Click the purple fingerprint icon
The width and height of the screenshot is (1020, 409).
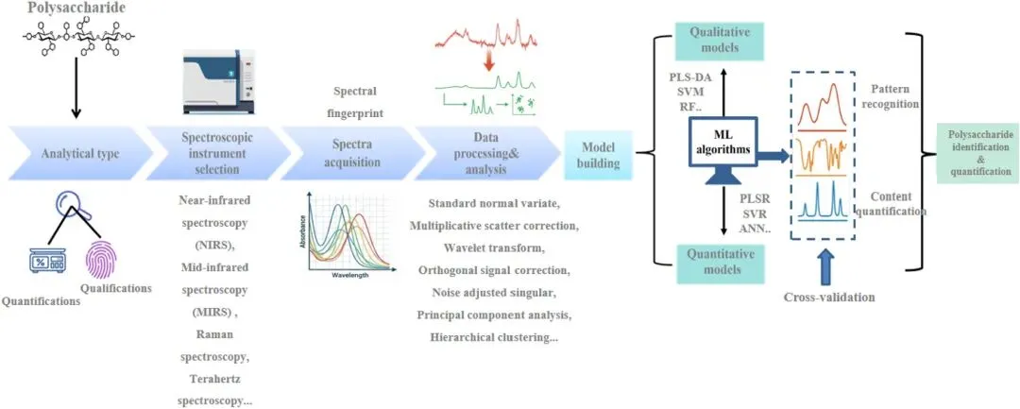(105, 260)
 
